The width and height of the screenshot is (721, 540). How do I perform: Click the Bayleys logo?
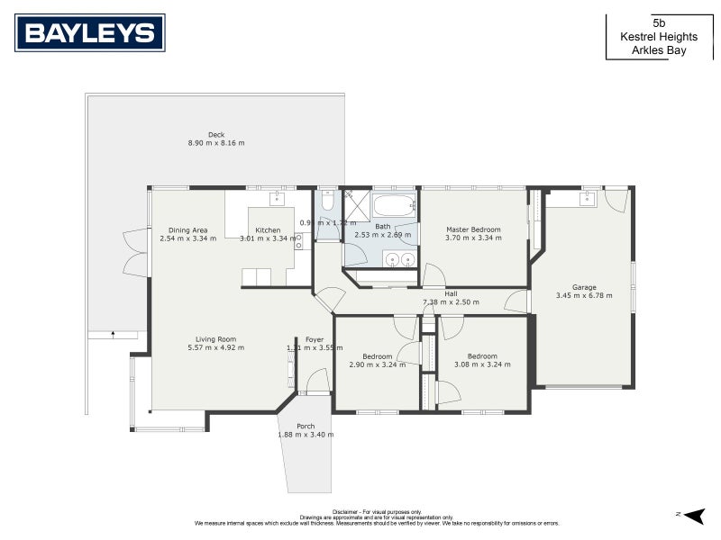coord(90,32)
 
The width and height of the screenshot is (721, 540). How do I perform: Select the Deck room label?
coord(216,135)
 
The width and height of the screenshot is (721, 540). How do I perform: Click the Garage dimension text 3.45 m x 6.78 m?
coord(577,296)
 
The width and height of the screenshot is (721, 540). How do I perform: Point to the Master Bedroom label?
coord(473,229)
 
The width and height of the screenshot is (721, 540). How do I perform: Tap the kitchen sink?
coord(277,199)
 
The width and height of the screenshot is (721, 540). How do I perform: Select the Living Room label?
coord(215,339)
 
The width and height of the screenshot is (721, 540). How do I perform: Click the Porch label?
coord(305,427)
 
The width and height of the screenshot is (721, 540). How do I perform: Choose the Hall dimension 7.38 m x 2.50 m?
coord(451,302)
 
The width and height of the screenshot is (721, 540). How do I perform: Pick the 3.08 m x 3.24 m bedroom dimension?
coord(482,364)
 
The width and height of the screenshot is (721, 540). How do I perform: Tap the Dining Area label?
coord(187,230)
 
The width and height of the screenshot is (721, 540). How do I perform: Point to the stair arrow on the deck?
coord(113,334)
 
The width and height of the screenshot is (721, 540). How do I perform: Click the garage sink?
coord(587,199)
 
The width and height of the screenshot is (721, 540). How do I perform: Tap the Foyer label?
coord(314,339)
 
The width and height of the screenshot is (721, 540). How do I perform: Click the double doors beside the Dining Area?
coord(136,253)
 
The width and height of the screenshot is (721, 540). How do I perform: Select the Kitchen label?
coord(268,230)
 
